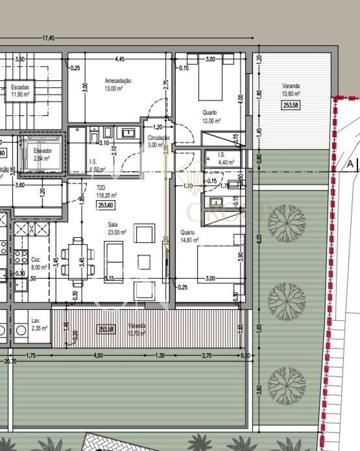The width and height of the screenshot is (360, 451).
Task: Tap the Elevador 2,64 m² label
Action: point(42,155)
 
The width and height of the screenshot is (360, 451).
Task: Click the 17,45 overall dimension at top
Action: point(48,38)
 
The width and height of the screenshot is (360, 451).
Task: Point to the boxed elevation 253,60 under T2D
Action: point(106,205)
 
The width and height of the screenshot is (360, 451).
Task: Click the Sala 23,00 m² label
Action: point(117,228)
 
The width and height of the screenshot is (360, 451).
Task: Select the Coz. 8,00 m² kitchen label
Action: point(39,263)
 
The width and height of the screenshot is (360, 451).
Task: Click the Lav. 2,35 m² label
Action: point(39,324)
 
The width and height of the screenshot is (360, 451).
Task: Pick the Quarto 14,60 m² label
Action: point(189,236)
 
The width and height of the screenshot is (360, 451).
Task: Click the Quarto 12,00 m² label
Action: point(211,117)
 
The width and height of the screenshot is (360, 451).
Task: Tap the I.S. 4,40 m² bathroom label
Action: point(226,158)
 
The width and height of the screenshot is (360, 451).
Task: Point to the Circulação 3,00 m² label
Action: point(158,141)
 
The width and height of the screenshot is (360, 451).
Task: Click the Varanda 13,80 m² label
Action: point(291,90)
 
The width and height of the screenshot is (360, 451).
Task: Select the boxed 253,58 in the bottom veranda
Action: point(106,329)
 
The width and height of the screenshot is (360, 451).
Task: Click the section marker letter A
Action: point(350,164)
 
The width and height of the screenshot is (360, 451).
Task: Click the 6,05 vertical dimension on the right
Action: point(259,239)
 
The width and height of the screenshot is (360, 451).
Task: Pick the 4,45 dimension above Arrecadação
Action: point(120,59)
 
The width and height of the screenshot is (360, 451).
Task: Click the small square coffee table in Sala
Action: point(144,262)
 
